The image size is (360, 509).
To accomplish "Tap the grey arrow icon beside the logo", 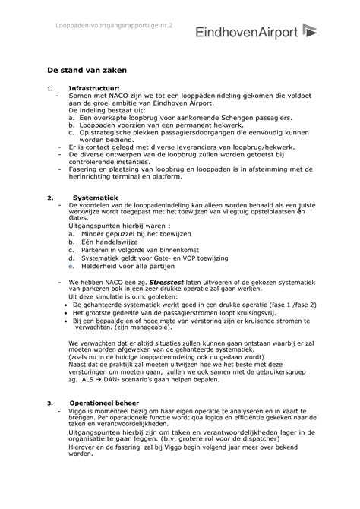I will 311,30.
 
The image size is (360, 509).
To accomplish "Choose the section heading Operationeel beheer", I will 103,403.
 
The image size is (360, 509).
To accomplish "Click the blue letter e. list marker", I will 70,267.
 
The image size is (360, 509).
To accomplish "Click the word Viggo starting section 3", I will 79,411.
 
